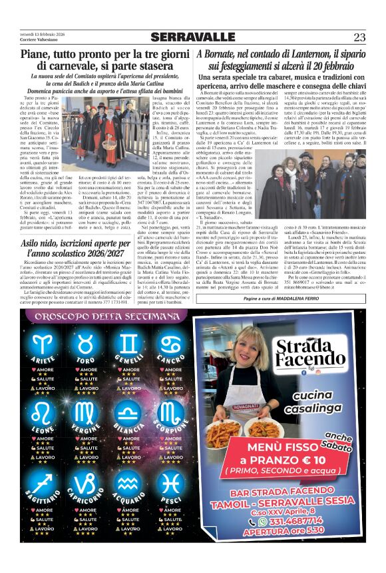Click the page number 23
point(359,37)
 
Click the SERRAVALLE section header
point(193,37)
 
